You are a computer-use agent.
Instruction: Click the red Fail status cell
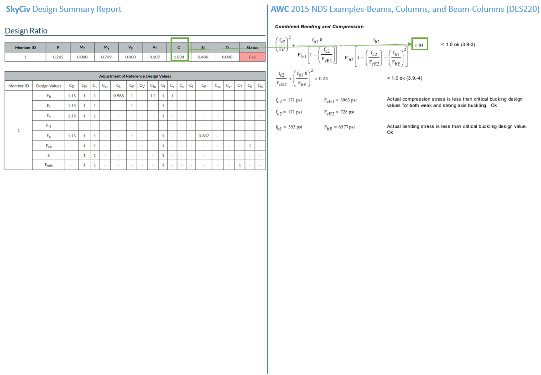[x=252, y=57]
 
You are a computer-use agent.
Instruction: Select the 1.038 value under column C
[x=179, y=57]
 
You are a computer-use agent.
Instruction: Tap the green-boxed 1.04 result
[x=419, y=45]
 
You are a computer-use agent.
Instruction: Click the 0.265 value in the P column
[x=58, y=57]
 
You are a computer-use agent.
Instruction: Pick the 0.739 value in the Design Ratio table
[x=106, y=57]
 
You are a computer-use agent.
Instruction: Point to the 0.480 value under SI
[x=203, y=57]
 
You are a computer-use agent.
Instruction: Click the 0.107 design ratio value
[x=155, y=57]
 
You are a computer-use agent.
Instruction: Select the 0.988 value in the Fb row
[x=118, y=96]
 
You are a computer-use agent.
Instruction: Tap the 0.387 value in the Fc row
[x=203, y=136]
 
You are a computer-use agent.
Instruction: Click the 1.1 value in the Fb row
[x=153, y=96]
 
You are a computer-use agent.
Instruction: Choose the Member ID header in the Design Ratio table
[x=25, y=47]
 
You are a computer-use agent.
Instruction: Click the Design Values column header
[x=49, y=86]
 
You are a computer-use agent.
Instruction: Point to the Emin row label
[x=49, y=165]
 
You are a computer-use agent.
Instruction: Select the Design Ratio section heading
[x=26, y=31]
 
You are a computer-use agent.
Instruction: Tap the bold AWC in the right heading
[x=280, y=9]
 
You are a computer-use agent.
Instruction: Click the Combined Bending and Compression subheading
[x=319, y=26]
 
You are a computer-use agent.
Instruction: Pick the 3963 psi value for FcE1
[x=349, y=100]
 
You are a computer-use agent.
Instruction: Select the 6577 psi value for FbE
[x=346, y=127]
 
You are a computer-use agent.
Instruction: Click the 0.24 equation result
[x=323, y=78]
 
